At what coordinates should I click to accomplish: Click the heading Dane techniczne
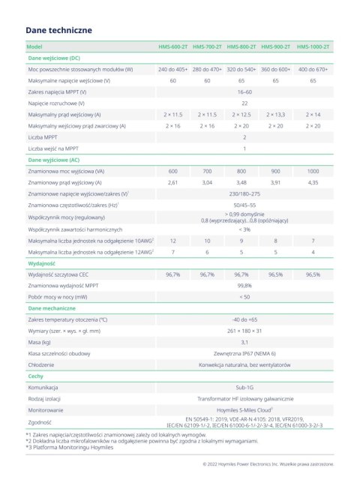pos(58,30)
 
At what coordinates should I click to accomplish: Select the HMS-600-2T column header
pos(173,47)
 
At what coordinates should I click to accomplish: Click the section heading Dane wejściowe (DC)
pos(54,58)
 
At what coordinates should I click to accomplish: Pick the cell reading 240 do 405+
pos(173,69)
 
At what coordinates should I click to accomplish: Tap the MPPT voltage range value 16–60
pos(244,91)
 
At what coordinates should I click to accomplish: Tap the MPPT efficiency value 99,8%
pos(244,286)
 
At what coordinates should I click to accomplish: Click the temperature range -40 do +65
pos(244,319)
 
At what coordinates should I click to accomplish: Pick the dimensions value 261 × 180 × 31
pos(244,331)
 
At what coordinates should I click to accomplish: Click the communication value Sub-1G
pos(244,389)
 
